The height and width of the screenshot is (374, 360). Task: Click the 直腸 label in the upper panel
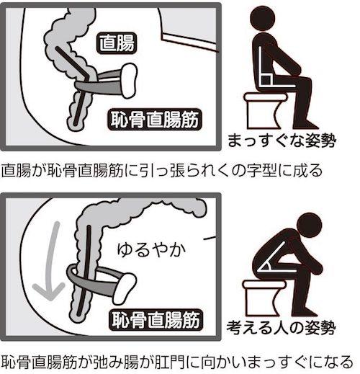(117, 43)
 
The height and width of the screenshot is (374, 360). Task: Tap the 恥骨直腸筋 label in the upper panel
(155, 120)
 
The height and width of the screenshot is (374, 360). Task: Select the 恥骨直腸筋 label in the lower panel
(156, 320)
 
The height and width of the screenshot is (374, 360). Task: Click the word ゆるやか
(152, 250)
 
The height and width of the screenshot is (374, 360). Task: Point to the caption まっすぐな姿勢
(282, 141)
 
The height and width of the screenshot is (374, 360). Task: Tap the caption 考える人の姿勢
(281, 327)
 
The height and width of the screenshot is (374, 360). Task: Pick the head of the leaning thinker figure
(309, 226)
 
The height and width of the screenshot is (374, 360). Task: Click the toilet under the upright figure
(265, 111)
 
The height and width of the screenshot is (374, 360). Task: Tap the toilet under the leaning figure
(264, 298)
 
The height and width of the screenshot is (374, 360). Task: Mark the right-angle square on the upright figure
(266, 80)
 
